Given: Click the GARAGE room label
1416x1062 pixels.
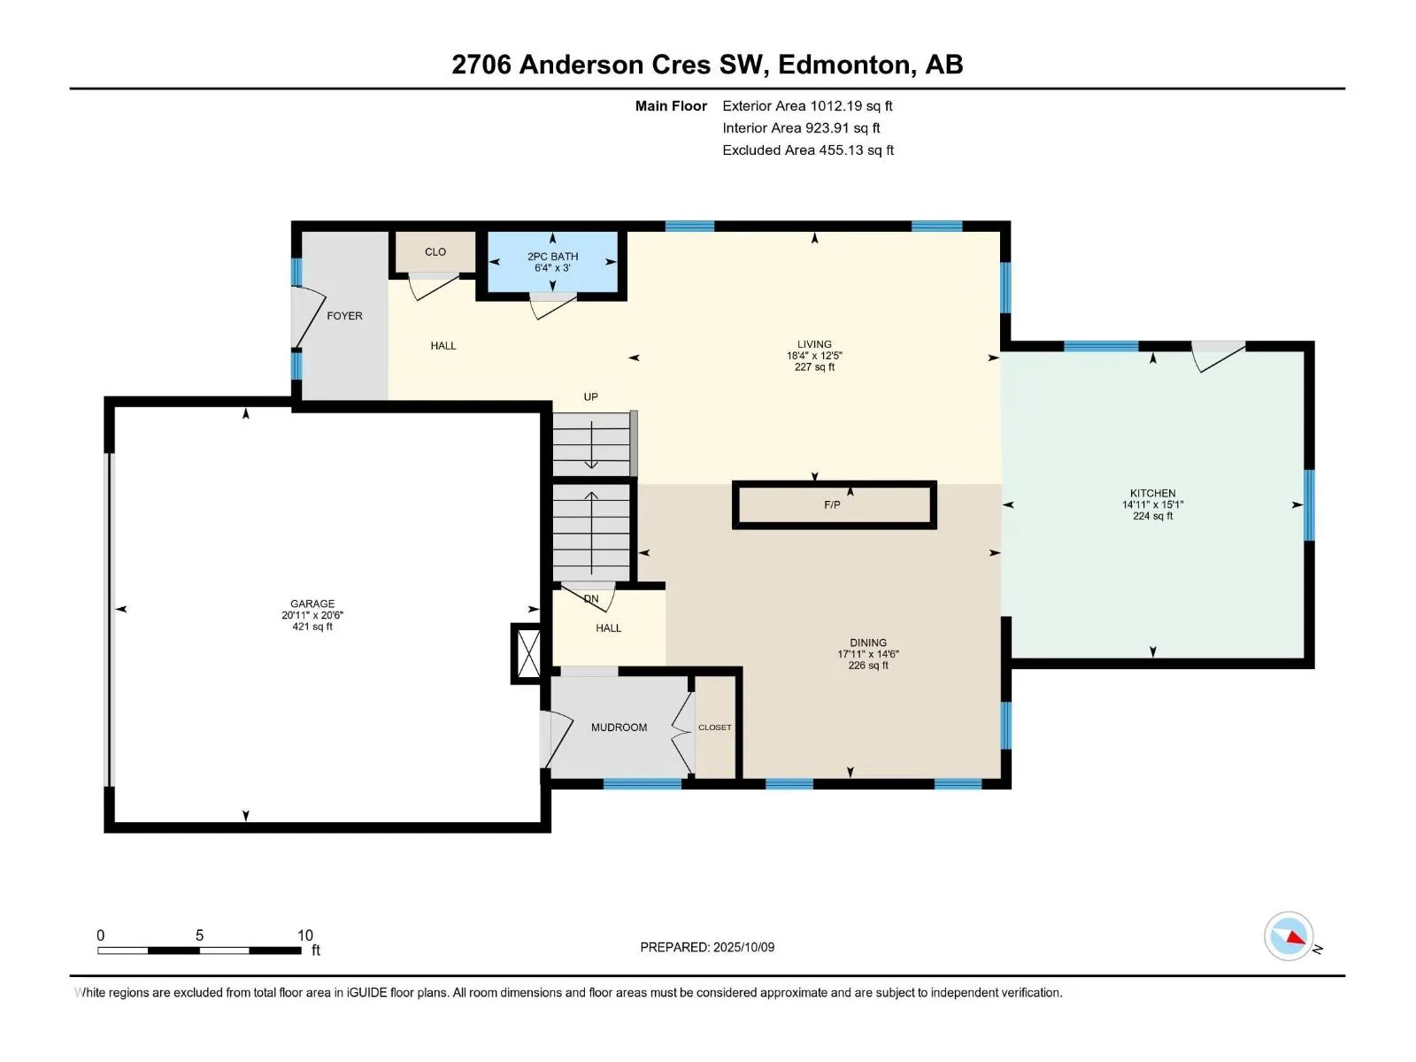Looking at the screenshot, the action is click(x=312, y=604).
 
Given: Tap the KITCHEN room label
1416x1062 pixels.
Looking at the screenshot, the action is click(x=1152, y=493).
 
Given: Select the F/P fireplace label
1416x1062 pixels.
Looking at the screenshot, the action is click(x=832, y=504).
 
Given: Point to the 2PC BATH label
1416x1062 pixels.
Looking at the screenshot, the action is click(x=553, y=257).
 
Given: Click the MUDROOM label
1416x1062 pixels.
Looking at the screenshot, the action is click(x=619, y=727).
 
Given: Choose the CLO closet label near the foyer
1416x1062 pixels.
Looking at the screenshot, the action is click(x=435, y=252).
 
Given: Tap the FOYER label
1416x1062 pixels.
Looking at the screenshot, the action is click(x=344, y=316).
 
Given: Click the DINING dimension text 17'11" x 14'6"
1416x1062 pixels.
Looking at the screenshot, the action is click(x=867, y=654).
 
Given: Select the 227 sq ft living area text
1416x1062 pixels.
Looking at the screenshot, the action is click(x=814, y=367).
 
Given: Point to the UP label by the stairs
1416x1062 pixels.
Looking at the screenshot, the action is click(x=591, y=397).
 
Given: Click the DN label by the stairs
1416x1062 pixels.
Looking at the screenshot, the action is click(x=591, y=599).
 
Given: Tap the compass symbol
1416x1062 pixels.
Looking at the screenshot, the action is click(x=1289, y=936).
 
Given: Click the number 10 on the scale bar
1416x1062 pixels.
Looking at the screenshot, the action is click(x=305, y=935).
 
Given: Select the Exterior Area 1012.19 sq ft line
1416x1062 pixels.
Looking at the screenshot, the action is click(x=807, y=105).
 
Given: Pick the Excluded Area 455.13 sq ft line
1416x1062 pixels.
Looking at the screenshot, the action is click(x=808, y=150).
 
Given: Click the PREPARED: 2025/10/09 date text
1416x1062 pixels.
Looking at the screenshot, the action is click(x=707, y=947).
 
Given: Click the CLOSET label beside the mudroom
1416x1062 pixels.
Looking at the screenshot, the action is click(x=715, y=727).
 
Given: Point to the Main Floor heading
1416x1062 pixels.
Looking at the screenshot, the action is click(x=671, y=105).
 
